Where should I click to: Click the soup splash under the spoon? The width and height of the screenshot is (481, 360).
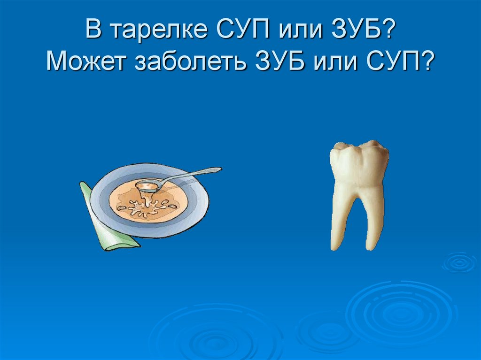click(146, 207)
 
